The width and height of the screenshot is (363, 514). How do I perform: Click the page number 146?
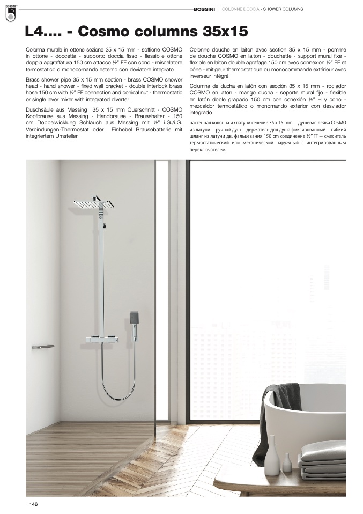(x=33, y=503)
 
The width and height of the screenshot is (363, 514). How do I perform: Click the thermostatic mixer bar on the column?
(x=103, y=339)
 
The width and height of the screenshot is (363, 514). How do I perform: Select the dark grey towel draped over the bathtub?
(x=275, y=403)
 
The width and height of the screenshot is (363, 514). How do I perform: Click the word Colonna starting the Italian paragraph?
(x=36, y=49)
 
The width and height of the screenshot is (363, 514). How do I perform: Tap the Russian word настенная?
(x=201, y=123)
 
